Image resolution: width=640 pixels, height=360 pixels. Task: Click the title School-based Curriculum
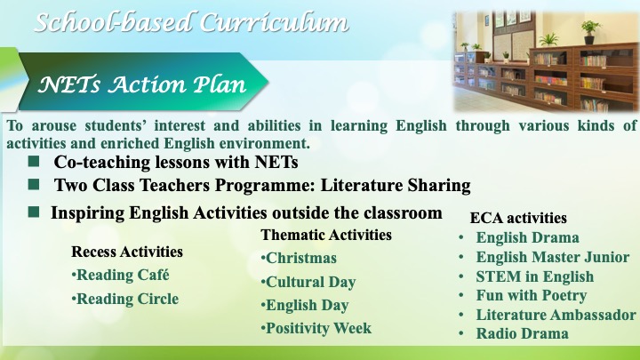[x=191, y=22]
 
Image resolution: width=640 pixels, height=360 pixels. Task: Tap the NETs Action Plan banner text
[x=142, y=84]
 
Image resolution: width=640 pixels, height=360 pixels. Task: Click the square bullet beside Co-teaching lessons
[x=34, y=161]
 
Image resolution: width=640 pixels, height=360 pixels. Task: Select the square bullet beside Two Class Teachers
[x=34, y=185]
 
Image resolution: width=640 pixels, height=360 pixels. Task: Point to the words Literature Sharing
[x=396, y=185]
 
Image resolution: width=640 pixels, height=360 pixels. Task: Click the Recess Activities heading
[x=127, y=252]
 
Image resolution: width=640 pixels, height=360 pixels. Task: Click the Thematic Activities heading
[x=326, y=235]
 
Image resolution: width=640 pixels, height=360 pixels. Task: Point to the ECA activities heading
[x=518, y=218]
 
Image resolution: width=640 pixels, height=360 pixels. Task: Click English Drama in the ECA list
[x=528, y=237]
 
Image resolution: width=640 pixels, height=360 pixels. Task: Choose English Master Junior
[x=553, y=257]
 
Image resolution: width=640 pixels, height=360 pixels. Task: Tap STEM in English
[x=535, y=276]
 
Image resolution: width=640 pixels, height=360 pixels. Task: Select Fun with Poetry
[x=532, y=295]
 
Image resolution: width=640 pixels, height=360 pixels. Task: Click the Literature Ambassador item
[x=556, y=315]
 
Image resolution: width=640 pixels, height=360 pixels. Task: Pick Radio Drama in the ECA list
[x=523, y=333]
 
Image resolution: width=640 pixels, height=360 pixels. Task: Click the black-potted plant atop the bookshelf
[x=589, y=33]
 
